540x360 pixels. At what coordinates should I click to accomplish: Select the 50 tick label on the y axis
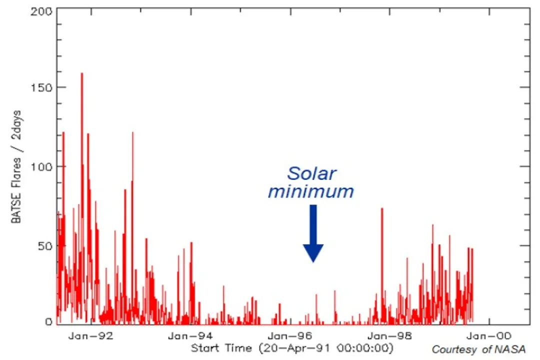pyautogui.click(x=44, y=245)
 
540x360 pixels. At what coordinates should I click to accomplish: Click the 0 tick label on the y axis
pyautogui.click(x=48, y=322)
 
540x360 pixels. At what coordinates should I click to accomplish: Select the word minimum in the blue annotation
pyautogui.click(x=311, y=191)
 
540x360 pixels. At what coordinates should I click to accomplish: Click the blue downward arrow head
pyautogui.click(x=313, y=252)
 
